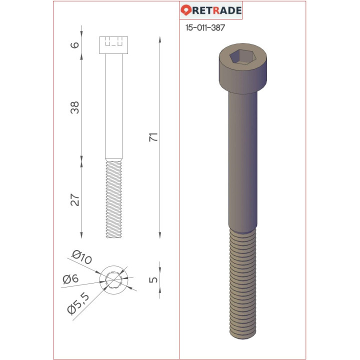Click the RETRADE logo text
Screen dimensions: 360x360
click(217, 10)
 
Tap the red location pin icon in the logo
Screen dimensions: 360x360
click(186, 10)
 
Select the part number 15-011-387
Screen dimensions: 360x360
click(205, 28)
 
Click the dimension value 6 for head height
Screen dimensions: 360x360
click(75, 45)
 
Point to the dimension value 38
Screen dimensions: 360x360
click(75, 107)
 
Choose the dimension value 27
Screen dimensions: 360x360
click(75, 200)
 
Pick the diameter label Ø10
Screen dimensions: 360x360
click(81, 258)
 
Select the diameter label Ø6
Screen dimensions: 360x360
click(71, 279)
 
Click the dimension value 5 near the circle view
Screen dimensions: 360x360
click(153, 279)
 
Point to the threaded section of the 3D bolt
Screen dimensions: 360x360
click(243, 290)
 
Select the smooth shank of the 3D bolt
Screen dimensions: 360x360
click(243, 160)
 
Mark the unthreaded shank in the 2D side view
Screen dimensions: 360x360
click(113, 107)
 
